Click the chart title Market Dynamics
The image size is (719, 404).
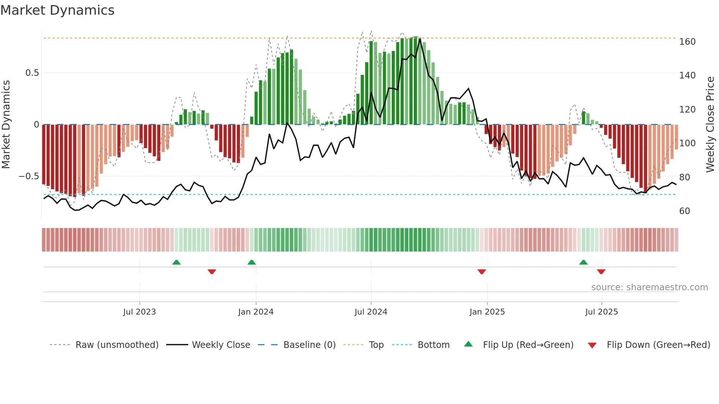pyautogui.click(x=58, y=10)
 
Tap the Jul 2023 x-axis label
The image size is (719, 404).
pyautogui.click(x=139, y=312)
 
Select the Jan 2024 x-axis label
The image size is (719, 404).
pyautogui.click(x=256, y=312)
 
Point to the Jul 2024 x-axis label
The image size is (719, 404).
pyautogui.click(x=371, y=312)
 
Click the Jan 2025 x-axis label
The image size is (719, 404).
pyautogui.click(x=487, y=312)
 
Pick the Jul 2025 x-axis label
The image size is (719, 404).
pyautogui.click(x=602, y=312)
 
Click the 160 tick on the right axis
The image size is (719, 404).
pyautogui.click(x=687, y=42)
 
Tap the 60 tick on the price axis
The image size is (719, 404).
pyautogui.click(x=685, y=211)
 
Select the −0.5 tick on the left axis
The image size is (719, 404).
pyautogui.click(x=29, y=176)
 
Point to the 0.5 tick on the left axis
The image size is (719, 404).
pyautogui.click(x=32, y=73)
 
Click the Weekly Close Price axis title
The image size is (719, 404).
pyautogui.click(x=710, y=125)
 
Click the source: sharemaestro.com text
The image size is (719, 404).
pyautogui.click(x=649, y=287)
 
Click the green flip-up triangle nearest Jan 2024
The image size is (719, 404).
pyautogui.click(x=252, y=262)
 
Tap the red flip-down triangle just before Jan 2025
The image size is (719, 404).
pyautogui.click(x=482, y=271)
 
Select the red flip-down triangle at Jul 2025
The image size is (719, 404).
pyautogui.click(x=601, y=271)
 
